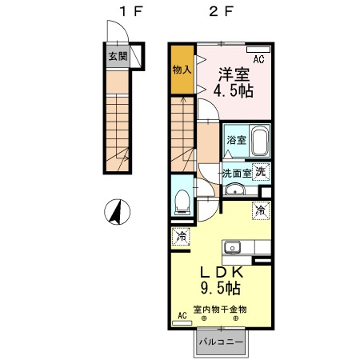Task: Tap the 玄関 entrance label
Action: click(x=117, y=56)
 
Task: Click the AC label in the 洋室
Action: click(x=259, y=58)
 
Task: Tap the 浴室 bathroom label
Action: click(x=236, y=138)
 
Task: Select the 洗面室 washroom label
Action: click(x=237, y=173)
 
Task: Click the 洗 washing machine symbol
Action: click(x=262, y=171)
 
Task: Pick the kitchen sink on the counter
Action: click(x=231, y=246)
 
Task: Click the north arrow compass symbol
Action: click(x=117, y=213)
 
